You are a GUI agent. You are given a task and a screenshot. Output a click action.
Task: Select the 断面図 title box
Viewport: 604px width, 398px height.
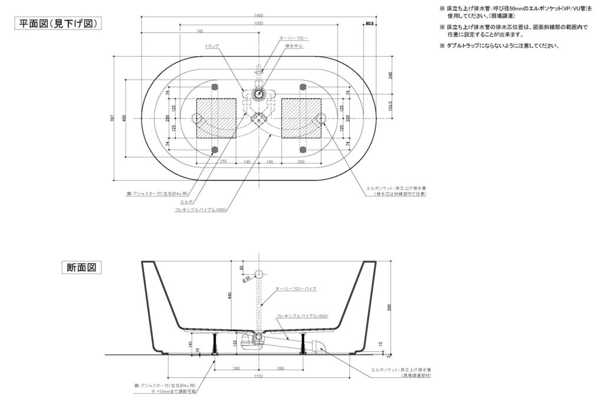click(x=81, y=268)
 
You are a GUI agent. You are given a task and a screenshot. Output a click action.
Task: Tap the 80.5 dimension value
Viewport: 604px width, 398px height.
click(x=370, y=24)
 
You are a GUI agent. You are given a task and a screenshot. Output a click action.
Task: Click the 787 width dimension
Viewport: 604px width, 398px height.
click(x=113, y=118)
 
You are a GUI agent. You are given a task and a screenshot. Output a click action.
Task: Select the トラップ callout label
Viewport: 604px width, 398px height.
click(x=211, y=46)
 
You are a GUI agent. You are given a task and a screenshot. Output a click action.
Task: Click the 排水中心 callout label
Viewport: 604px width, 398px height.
click(x=294, y=46)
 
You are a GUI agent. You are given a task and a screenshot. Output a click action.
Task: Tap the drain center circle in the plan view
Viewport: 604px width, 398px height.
click(x=258, y=93)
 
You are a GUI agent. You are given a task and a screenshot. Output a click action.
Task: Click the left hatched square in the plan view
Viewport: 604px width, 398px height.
click(x=216, y=118)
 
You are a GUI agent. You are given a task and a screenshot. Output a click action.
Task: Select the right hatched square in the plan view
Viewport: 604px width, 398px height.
click(x=301, y=118)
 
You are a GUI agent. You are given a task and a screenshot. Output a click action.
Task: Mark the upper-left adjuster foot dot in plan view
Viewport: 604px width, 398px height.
click(x=216, y=87)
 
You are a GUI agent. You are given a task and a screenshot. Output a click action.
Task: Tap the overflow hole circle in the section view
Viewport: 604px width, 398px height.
click(x=259, y=275)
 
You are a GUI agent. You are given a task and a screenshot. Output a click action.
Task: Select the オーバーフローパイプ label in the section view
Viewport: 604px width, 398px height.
click(x=296, y=289)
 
